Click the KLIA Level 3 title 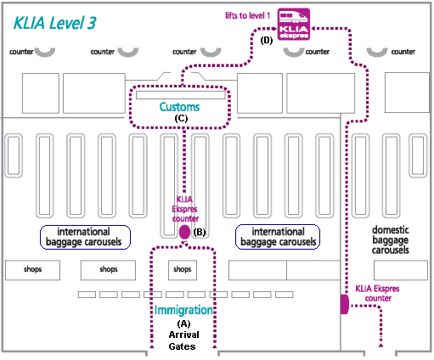54,23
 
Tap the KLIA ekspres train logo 294,24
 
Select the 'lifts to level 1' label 248,15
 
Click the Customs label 179,107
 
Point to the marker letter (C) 181,118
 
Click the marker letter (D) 267,41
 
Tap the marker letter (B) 200,232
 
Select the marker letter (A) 183,323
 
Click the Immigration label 183,310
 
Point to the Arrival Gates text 183,340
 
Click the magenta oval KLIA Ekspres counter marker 184,232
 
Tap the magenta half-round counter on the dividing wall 345,304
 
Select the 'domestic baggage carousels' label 391,239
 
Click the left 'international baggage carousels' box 85,237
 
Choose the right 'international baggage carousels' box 278,237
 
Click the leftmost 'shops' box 32,270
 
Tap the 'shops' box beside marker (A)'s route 183,270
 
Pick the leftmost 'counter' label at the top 21,52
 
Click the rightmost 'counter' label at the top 403,52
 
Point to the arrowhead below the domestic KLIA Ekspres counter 380,345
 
